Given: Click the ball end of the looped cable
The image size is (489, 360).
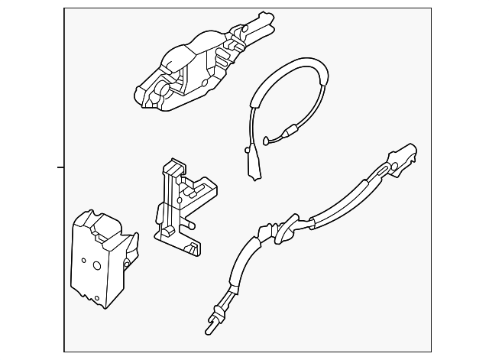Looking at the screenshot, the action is pos(264,139).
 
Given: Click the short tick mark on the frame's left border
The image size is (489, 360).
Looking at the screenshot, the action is pos(60,166).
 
